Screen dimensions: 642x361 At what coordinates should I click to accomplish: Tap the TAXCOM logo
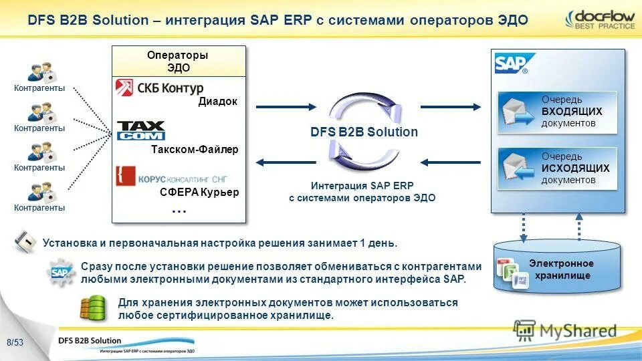click(x=141, y=130)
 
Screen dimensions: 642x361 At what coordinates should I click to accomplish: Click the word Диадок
click(x=217, y=102)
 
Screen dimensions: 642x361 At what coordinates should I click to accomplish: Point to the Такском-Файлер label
click(x=194, y=150)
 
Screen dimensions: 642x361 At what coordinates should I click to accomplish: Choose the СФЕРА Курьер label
click(x=199, y=193)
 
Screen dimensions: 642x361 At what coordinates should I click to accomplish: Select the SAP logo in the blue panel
click(x=511, y=64)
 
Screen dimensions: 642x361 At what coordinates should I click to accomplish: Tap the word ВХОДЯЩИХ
click(x=572, y=112)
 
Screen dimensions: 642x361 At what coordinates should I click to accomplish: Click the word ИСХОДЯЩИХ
click(x=575, y=168)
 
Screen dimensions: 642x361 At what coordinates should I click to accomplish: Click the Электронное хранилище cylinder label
click(x=561, y=269)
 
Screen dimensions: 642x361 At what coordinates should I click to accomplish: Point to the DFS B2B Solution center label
click(x=364, y=132)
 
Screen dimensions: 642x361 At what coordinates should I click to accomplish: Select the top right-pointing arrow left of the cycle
click(x=286, y=106)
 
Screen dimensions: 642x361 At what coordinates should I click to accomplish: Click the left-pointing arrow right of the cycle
click(x=450, y=162)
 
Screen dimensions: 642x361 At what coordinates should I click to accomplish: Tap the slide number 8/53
click(x=15, y=343)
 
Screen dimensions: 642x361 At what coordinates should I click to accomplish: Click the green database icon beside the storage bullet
click(x=93, y=308)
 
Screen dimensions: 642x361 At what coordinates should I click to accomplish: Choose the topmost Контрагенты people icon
click(x=39, y=72)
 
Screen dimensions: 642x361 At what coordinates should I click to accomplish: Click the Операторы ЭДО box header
click(x=178, y=61)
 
